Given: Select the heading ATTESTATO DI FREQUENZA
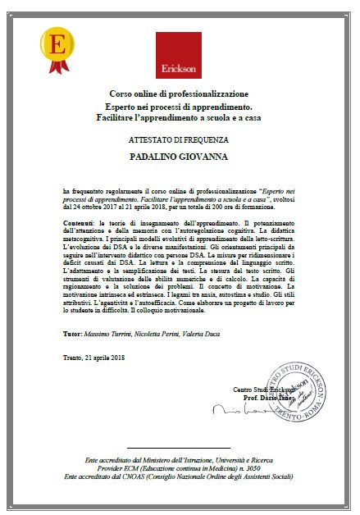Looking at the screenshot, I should (180, 141).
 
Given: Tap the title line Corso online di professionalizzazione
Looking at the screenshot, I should (180, 95).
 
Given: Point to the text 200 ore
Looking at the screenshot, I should (239, 208).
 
